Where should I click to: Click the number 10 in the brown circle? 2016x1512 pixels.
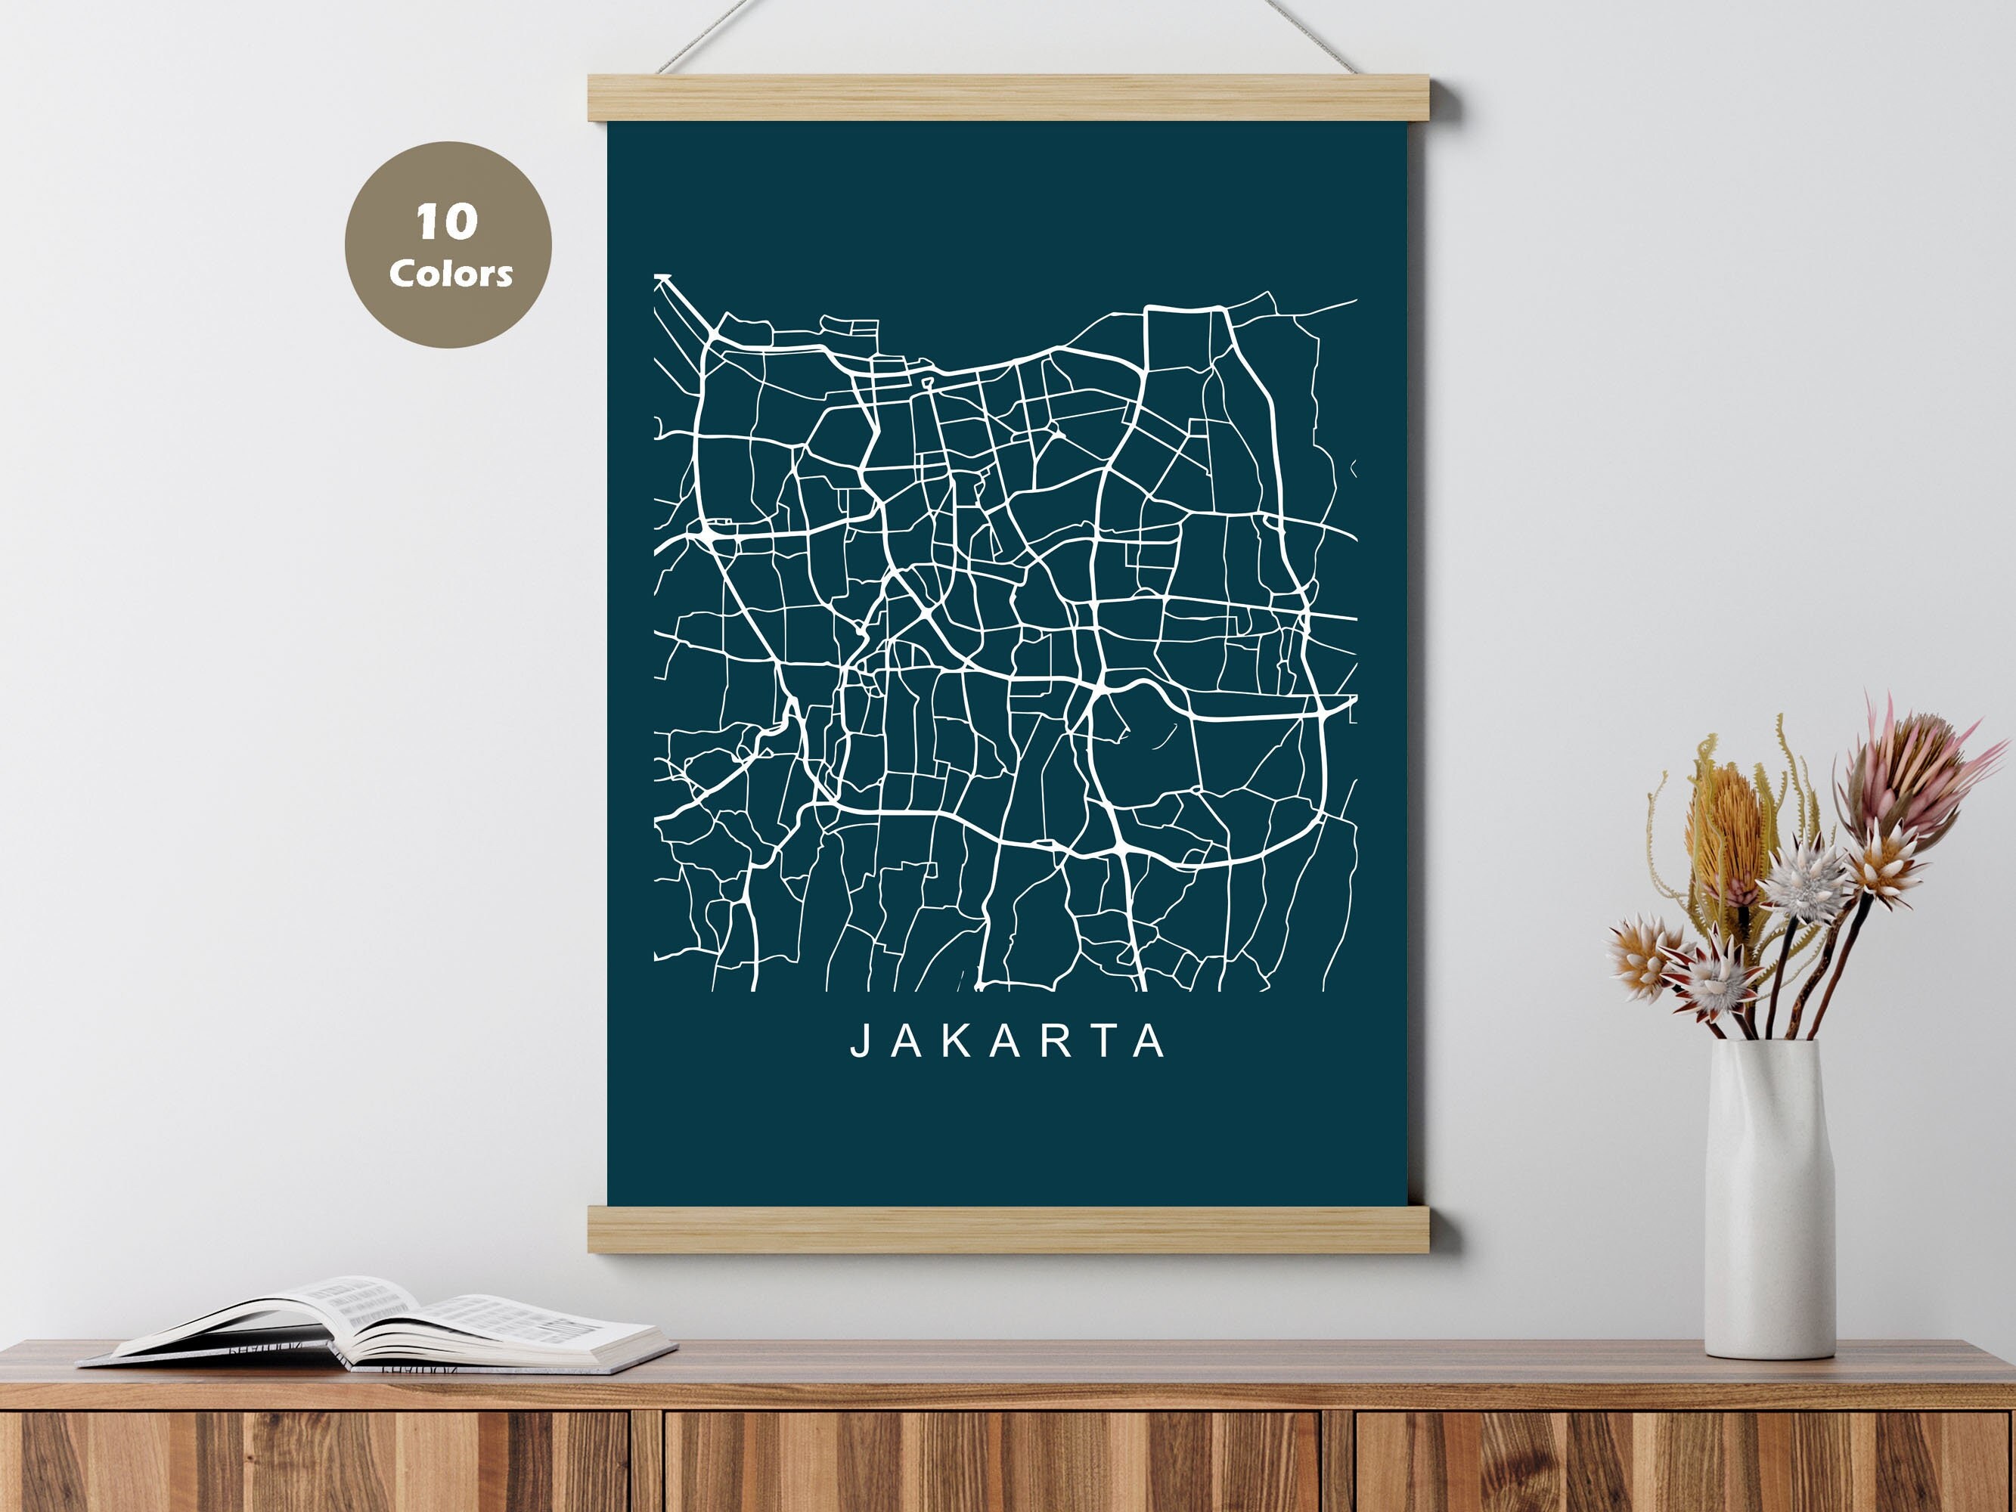point(447,222)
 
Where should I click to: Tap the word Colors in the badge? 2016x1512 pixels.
point(450,274)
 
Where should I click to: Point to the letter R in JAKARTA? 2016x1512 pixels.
point(1056,1042)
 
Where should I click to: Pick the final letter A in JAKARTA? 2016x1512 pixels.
point(1152,1042)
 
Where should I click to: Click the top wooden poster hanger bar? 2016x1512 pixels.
point(1022,98)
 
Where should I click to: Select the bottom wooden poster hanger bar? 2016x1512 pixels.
point(1022,1228)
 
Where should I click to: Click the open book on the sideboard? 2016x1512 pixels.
point(383,1329)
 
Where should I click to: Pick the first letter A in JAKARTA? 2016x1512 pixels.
point(907,1042)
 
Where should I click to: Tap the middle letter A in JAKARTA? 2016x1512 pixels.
point(1005,1042)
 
